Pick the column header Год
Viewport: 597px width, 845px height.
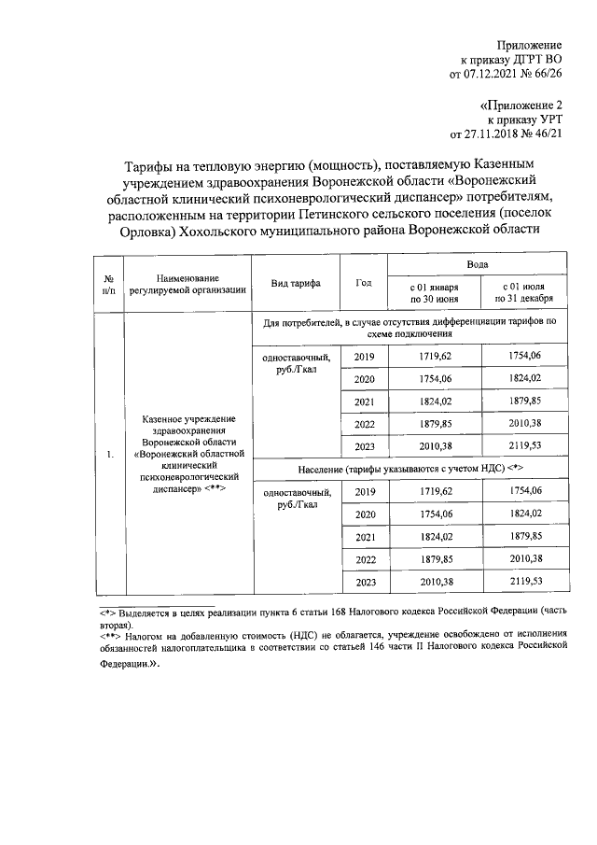pyautogui.click(x=364, y=283)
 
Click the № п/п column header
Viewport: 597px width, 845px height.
pyautogui.click(x=109, y=283)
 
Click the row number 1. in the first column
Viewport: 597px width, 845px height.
pyautogui.click(x=109, y=455)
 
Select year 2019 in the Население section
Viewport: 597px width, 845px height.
pyautogui.click(x=364, y=492)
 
